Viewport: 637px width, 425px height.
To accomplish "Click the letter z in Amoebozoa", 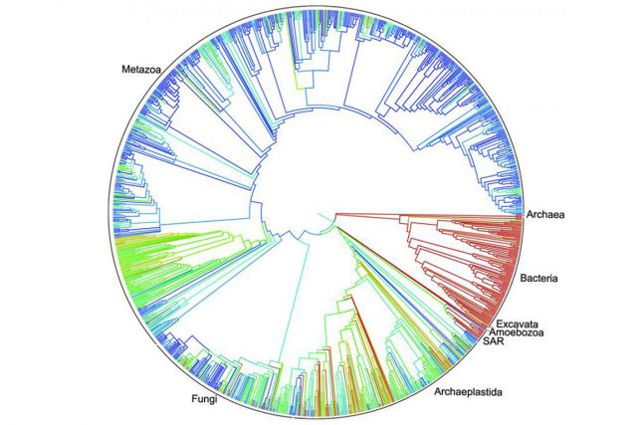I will tap(531, 333).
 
